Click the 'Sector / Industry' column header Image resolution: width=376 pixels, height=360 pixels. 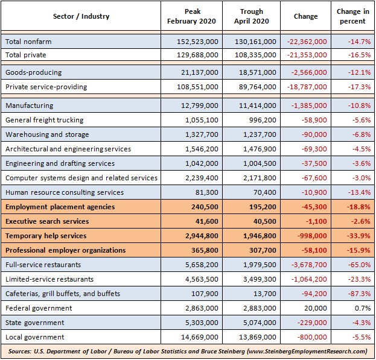tap(81, 16)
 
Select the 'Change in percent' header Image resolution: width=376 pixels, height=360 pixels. tap(352, 16)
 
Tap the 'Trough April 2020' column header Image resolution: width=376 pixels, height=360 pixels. tap(252, 16)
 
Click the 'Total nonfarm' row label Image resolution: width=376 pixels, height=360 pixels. tap(28, 42)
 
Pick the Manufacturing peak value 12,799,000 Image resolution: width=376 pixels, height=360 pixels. tap(200, 106)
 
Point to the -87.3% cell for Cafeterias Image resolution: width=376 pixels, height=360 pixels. tap(359, 294)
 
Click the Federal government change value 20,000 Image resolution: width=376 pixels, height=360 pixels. tap(316, 308)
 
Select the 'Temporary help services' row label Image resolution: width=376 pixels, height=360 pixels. tap(46, 236)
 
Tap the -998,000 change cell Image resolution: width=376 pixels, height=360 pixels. tap(312, 236)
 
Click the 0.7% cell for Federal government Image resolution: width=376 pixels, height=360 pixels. tap(363, 308)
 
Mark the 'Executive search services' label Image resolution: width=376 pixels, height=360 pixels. tap(47, 221)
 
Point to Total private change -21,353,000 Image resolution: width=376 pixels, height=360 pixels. tap(307, 55)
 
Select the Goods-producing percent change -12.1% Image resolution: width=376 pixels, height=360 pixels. tap(359, 72)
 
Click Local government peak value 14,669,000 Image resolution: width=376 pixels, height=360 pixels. tap(200, 337)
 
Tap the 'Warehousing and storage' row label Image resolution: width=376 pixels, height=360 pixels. tap(47, 134)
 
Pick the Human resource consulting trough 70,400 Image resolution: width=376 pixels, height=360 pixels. tap(265, 192)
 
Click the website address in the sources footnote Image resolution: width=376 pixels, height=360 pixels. tap(307, 352)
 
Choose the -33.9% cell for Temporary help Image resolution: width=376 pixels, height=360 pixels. tap(358, 236)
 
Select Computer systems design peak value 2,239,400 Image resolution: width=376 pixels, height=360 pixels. tap(202, 178)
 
